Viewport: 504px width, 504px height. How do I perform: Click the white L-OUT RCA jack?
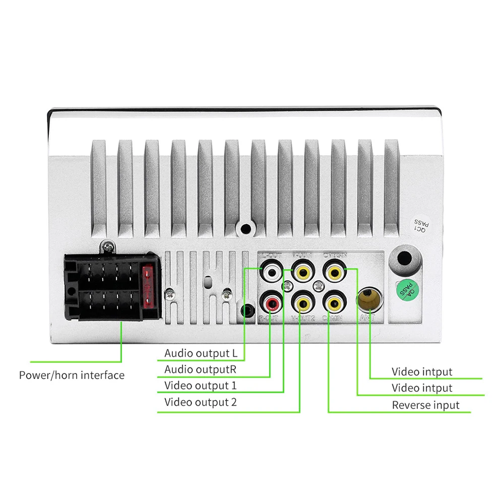272,273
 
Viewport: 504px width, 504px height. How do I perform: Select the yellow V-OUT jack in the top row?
303,273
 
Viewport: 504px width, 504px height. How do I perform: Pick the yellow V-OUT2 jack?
303,303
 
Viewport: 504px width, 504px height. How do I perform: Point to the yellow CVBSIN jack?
334,273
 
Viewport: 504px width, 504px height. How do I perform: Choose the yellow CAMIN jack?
334,303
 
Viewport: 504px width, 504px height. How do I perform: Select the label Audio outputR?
200,369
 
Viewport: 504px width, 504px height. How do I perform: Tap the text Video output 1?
200,386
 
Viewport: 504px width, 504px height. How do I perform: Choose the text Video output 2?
200,402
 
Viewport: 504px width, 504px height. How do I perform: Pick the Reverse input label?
425,405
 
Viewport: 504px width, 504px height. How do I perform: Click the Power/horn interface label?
72,375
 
